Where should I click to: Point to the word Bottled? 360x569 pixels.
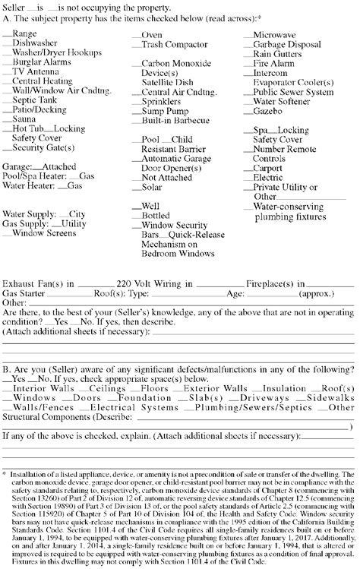(x=156, y=216)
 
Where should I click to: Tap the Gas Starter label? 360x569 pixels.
(x=22, y=292)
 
